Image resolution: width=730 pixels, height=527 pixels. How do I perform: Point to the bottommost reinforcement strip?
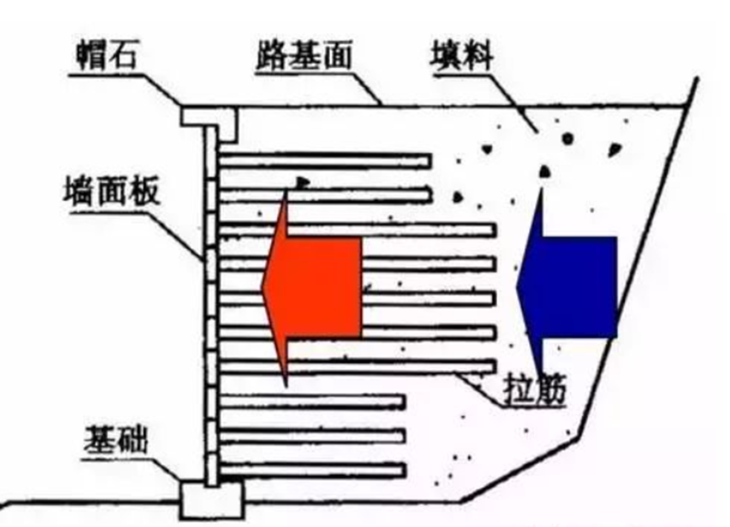(312, 470)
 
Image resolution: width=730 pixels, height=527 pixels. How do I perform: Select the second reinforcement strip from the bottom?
(312, 436)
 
